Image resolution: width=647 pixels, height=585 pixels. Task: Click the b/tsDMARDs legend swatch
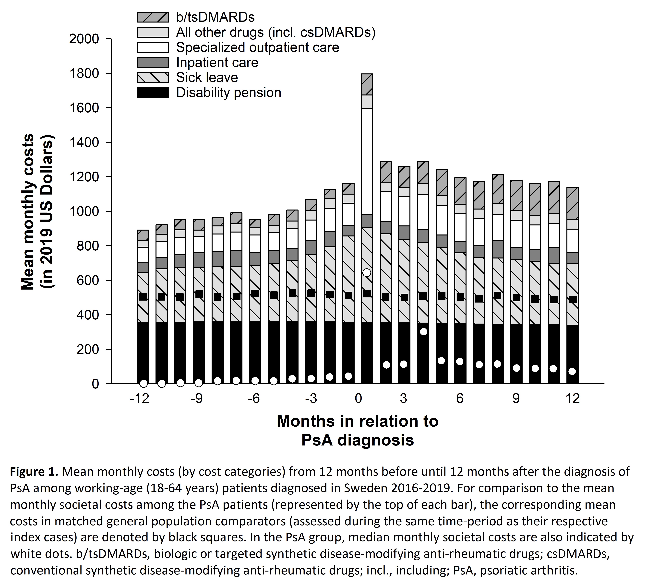(x=153, y=17)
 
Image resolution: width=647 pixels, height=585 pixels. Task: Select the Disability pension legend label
(x=228, y=93)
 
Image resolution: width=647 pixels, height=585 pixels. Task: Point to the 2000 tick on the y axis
(x=84, y=39)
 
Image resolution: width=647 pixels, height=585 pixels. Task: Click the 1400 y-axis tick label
(x=84, y=142)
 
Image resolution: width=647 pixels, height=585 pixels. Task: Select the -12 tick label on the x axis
(x=139, y=398)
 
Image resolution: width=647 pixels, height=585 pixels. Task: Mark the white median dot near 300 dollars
(x=423, y=331)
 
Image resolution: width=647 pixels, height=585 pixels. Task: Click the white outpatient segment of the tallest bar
(x=367, y=160)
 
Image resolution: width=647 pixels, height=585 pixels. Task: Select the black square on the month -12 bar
(x=143, y=297)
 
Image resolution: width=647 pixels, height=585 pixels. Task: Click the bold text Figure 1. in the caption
(x=34, y=472)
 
